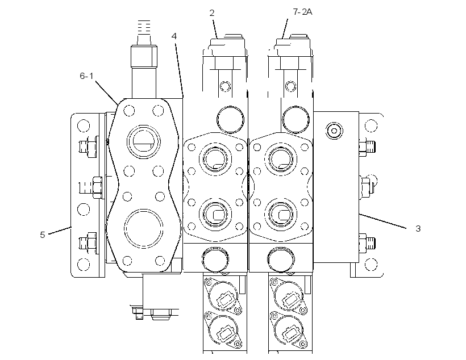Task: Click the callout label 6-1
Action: (86, 76)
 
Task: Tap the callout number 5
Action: (43, 235)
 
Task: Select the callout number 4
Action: (174, 36)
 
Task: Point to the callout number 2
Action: (212, 12)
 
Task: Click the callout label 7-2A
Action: (302, 12)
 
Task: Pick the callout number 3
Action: (418, 228)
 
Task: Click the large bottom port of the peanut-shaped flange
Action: (144, 228)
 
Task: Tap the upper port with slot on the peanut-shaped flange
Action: (144, 142)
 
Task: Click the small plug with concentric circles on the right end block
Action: (334, 131)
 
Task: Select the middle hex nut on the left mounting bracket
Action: (98, 187)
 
